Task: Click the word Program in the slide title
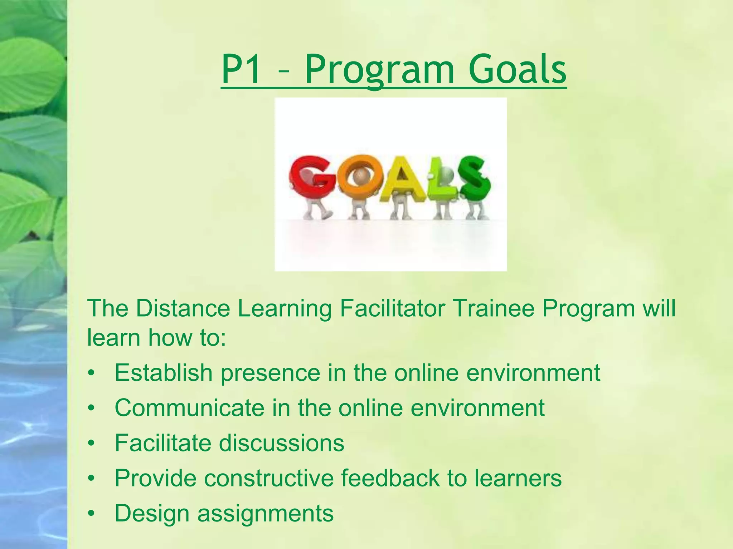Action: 379,70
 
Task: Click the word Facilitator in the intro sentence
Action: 392,308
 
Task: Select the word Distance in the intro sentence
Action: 183,308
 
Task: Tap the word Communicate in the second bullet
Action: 189,407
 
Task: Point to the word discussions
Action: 281,443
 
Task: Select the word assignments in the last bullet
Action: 265,513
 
